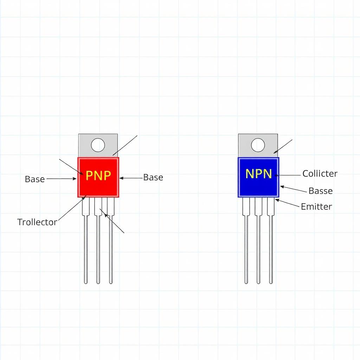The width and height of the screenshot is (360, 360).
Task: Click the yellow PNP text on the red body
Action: coord(98,175)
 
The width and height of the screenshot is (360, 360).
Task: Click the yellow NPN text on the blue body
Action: coord(258,174)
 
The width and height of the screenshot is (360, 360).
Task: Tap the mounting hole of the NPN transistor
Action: coord(258,145)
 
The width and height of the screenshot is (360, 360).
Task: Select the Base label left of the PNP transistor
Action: coord(35,179)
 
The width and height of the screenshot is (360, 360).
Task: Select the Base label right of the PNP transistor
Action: coord(153,178)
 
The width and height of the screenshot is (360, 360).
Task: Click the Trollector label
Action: coord(37,222)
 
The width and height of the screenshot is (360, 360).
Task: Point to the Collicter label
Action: coord(320,174)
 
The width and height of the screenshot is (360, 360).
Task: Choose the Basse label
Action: coord(320,191)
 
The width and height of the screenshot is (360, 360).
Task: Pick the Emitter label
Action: coord(316,206)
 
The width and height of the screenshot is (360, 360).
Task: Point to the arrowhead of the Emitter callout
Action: coord(276,200)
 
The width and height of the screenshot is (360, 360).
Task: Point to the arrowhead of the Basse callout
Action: coord(281,187)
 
